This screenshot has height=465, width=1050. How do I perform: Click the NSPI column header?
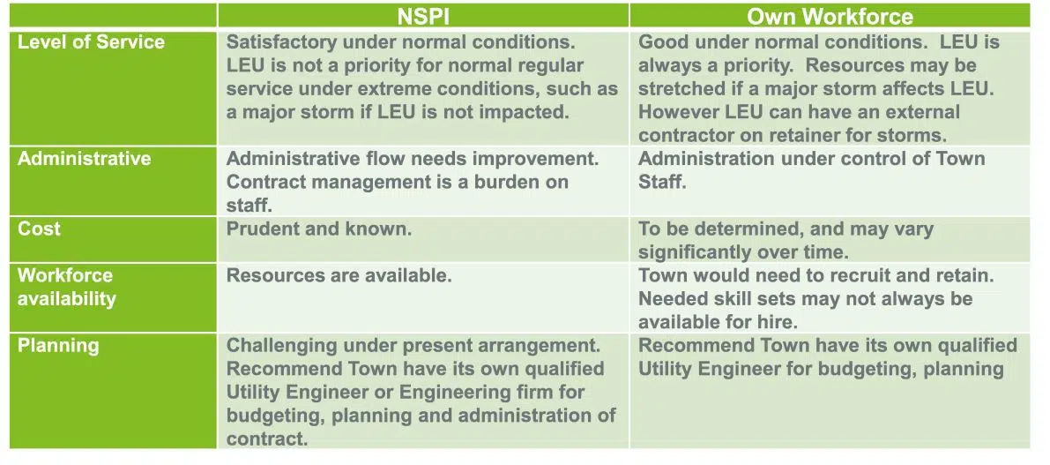422,16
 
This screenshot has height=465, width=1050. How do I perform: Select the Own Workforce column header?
830,16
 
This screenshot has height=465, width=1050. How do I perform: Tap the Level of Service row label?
91,41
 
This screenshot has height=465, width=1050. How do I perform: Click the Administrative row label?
85,159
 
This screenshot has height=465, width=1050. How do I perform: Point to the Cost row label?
39,229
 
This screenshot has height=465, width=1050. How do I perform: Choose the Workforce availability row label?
66,287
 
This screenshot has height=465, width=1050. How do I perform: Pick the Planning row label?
58,346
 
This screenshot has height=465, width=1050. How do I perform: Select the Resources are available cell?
339,275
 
